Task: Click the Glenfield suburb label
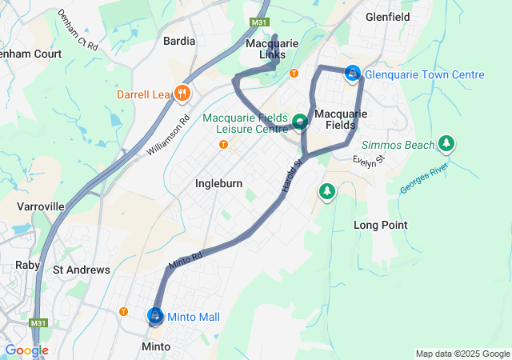coord(387,16)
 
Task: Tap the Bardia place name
coord(178,41)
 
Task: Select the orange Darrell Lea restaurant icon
coord(182,94)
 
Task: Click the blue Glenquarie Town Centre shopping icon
coord(351,74)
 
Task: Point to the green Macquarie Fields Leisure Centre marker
coord(300,122)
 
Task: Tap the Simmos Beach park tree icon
coord(446,144)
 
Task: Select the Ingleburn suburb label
coord(218,183)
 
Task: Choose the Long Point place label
coord(381,226)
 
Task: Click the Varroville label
coord(40,206)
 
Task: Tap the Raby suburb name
coord(28,265)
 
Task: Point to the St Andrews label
coord(81,270)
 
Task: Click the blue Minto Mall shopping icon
coord(154,317)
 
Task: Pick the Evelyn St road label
coord(369,160)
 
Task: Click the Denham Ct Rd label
coord(78,30)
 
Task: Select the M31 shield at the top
coord(258,22)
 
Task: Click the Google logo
coord(26,350)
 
